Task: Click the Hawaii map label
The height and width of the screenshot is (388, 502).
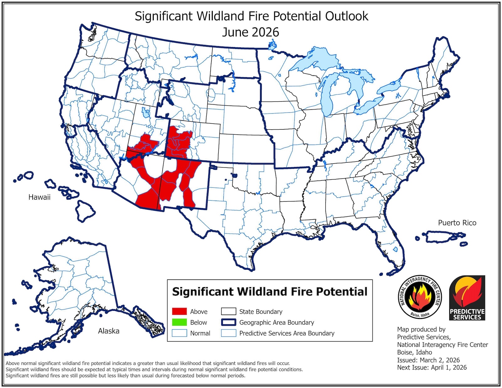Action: (39, 197)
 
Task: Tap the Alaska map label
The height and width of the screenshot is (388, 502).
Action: (109, 331)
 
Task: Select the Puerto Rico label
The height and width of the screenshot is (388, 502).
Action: (457, 223)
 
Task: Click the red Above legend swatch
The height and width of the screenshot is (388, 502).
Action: (179, 311)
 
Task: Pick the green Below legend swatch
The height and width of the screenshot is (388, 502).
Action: (179, 322)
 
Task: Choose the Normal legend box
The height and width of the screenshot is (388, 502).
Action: (179, 333)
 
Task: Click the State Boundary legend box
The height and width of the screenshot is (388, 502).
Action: (228, 311)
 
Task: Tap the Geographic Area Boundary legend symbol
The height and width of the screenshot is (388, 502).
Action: (228, 322)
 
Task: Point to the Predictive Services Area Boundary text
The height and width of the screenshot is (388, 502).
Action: (286, 333)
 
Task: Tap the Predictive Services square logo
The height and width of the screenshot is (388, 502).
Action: (467, 298)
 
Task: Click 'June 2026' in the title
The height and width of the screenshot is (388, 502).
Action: (250, 32)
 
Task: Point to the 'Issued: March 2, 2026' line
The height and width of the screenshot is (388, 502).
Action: (428, 360)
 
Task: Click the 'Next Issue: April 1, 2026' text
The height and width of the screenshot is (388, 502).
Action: (432, 367)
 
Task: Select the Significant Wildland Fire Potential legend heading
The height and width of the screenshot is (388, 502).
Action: (270, 292)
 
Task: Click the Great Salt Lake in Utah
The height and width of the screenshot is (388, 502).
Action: (145, 112)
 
